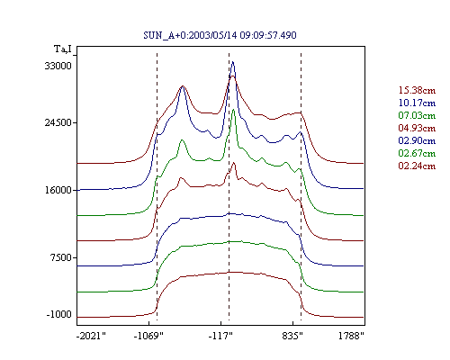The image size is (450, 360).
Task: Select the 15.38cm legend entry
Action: point(417,90)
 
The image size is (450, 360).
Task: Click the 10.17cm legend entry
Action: point(417,103)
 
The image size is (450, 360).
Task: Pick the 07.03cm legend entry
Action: point(417,115)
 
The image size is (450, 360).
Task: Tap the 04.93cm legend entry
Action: point(417,128)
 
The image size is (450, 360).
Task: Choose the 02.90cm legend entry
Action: point(417,140)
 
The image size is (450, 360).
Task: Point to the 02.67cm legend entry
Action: point(417,153)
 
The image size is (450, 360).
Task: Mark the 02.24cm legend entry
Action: point(417,166)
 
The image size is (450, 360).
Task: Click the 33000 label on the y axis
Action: point(58,66)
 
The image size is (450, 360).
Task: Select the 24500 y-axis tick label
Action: point(58,122)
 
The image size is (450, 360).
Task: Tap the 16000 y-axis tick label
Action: point(58,190)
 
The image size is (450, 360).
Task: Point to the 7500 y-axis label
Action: point(60,257)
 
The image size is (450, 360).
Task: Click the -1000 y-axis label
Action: point(59,314)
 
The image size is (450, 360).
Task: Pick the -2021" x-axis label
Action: point(91,336)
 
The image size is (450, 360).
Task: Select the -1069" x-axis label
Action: point(148,336)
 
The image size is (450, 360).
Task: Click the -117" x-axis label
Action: point(220,336)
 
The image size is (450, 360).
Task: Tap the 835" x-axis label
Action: point(292,336)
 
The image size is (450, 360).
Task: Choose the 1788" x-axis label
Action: point(351,336)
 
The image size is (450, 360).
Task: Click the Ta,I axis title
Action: point(63,49)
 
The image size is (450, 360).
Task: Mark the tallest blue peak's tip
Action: point(233,61)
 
